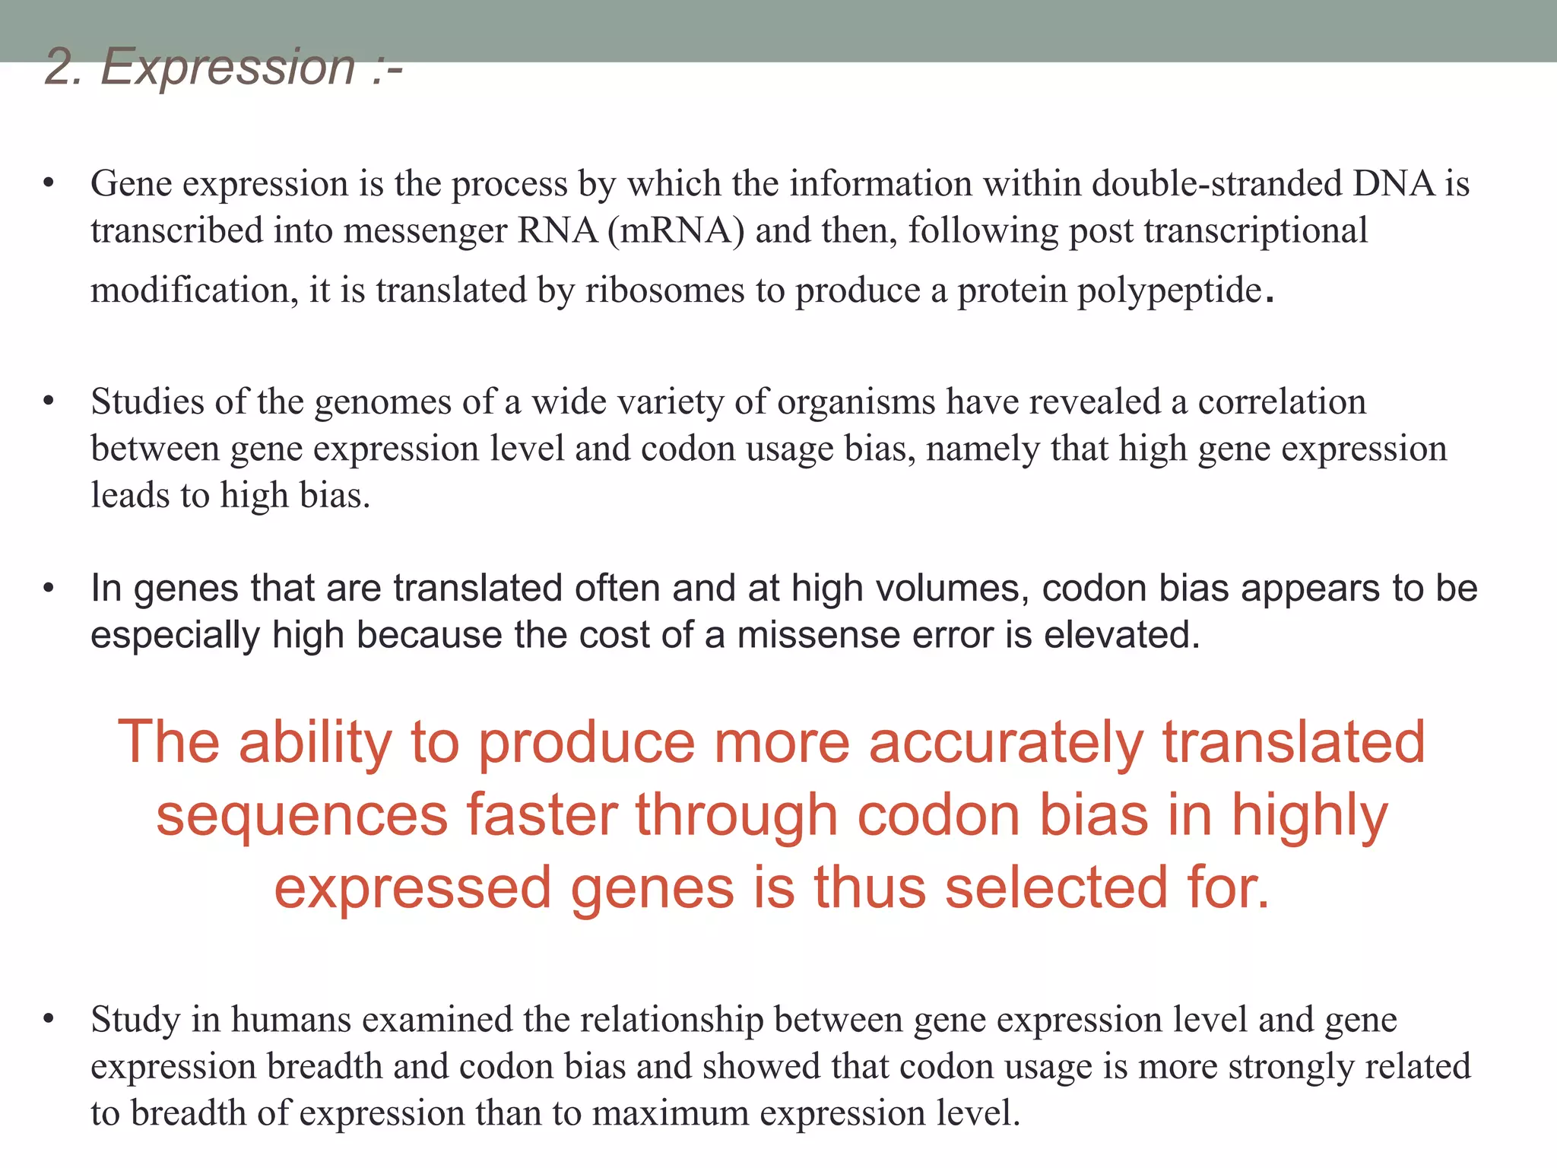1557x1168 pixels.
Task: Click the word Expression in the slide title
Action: (227, 67)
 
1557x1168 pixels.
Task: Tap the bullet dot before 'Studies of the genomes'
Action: (49, 401)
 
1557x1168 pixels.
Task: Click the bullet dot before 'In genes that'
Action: (49, 589)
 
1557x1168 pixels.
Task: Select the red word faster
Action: (541, 815)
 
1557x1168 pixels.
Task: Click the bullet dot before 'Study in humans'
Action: (49, 1020)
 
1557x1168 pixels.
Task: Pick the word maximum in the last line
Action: (670, 1114)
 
